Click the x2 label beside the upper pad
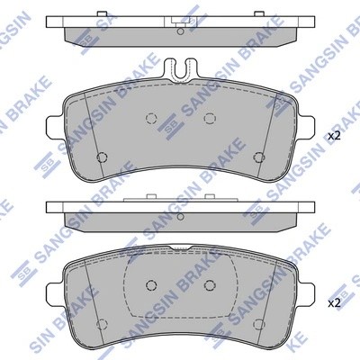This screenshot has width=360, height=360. pos(333,135)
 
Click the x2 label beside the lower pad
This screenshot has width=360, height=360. pos(333,301)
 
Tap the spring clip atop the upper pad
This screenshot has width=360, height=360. pos(180,68)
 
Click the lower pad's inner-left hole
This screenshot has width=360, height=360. pos(151,285)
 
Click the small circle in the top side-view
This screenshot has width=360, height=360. pos(180,32)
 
